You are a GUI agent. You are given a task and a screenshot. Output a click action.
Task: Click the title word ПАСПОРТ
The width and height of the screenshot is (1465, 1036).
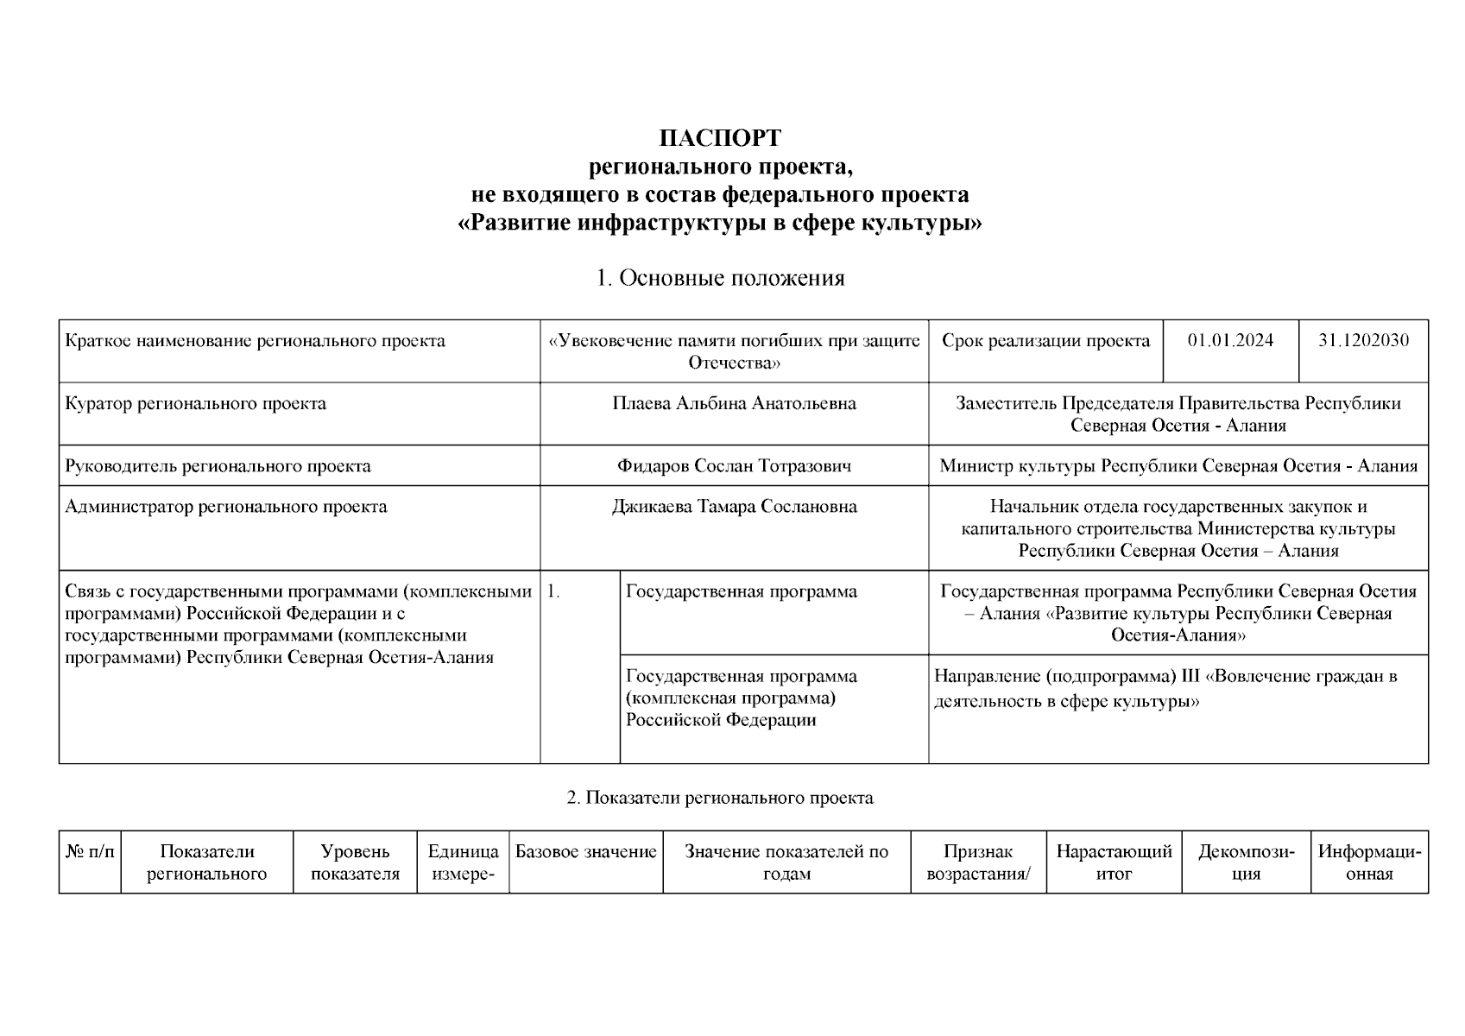[720, 138]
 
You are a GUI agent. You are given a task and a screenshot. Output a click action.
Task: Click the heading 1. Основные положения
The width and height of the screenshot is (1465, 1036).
[720, 278]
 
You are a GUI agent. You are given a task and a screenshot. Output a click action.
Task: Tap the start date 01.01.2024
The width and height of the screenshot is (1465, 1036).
[1230, 340]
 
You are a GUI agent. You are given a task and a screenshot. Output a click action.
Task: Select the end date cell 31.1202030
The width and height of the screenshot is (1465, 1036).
[1362, 340]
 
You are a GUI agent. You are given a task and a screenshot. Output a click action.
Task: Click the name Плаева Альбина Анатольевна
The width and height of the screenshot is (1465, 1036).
[734, 403]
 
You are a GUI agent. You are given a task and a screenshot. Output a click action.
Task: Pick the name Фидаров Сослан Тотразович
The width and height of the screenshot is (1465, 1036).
[734, 466]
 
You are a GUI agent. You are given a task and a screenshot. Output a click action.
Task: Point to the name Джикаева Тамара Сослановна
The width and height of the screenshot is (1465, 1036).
[734, 507]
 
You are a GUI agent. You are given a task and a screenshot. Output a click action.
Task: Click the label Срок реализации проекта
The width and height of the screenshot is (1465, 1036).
[1045, 340]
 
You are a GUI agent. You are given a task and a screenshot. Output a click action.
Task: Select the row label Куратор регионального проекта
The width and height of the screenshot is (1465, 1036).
[196, 403]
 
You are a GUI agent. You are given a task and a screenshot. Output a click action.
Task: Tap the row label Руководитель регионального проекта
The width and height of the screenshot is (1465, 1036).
[218, 466]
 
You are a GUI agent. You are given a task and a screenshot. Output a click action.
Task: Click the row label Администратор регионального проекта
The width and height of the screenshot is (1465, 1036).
[226, 507]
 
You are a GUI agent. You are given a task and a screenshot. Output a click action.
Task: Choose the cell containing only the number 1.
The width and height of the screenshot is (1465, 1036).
[554, 592]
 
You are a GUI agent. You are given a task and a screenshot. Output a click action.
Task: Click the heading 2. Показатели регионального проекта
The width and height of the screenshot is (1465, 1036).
[720, 798]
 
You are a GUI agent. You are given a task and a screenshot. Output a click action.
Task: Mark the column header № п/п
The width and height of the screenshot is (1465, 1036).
[90, 853]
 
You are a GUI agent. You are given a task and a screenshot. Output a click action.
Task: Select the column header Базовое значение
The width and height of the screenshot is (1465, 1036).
[586, 853]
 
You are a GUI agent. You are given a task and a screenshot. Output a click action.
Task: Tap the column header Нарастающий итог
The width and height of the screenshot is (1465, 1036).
[1114, 862]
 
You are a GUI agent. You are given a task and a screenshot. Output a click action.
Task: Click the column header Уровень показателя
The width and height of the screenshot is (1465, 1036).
[355, 862]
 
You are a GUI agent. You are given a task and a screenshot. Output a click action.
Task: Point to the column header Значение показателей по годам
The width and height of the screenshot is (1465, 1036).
[786, 862]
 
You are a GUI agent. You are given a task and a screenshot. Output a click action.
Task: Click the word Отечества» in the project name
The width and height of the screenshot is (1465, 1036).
[734, 363]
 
